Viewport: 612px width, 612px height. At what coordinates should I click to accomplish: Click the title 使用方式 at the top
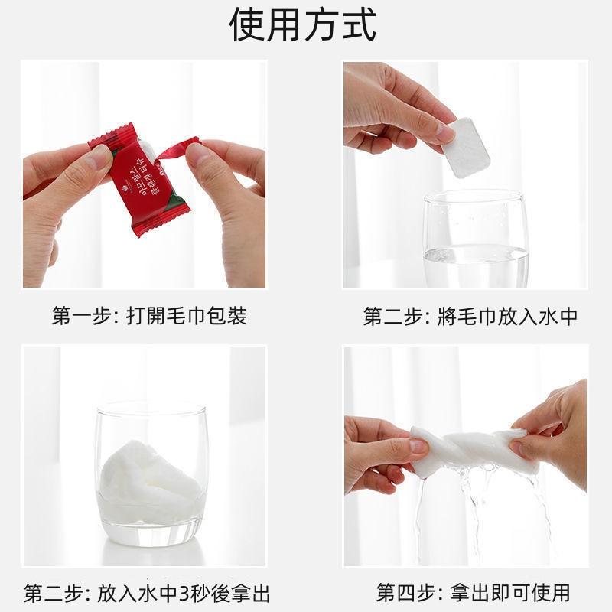[x=304, y=26]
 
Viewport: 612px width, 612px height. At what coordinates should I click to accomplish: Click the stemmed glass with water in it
[x=476, y=237]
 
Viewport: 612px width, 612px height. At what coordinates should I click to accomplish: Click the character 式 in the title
[x=358, y=26]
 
